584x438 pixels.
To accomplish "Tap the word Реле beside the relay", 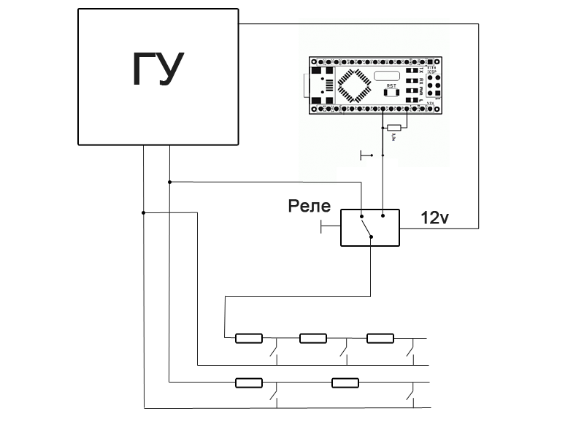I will (x=310, y=207).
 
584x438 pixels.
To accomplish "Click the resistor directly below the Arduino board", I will (x=395, y=127).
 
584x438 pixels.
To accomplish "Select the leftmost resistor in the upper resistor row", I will (x=248, y=338).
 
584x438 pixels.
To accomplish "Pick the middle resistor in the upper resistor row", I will (x=313, y=338).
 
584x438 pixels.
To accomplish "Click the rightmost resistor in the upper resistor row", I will (x=380, y=338).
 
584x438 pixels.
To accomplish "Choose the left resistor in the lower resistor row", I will (x=248, y=382).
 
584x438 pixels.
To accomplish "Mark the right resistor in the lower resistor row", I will (x=345, y=382).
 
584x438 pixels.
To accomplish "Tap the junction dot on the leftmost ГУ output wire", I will (x=144, y=212).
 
